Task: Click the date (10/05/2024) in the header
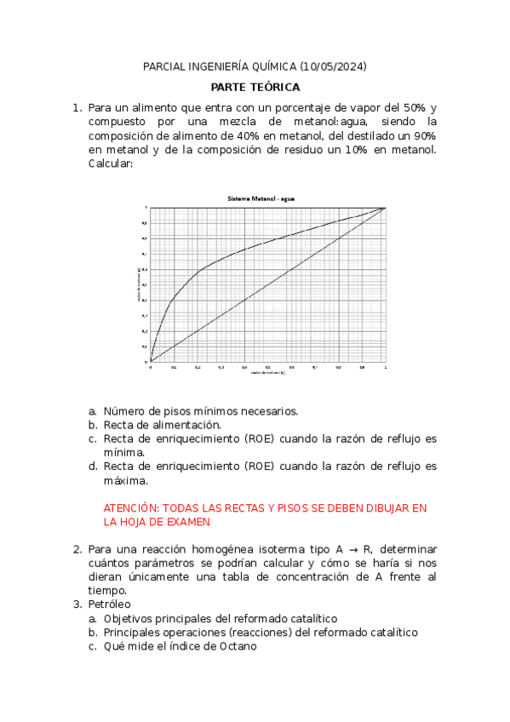(x=333, y=66)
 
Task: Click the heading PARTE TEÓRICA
(x=255, y=87)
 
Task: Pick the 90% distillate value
(x=425, y=136)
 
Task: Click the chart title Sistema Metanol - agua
(x=261, y=198)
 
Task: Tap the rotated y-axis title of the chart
(x=137, y=284)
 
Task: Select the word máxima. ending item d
(x=125, y=480)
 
